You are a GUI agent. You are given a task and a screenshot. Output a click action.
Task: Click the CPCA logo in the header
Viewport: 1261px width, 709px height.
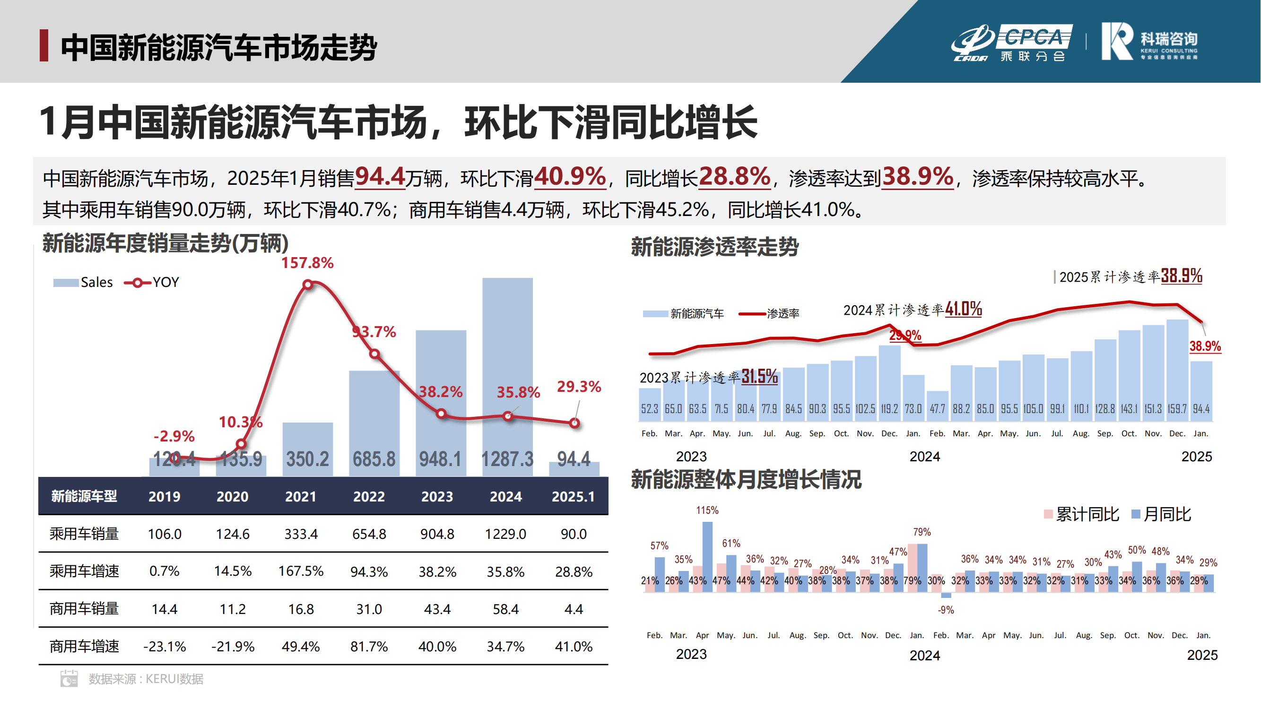click(1011, 42)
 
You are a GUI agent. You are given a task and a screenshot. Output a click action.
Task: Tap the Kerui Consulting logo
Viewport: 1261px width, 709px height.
click(1148, 42)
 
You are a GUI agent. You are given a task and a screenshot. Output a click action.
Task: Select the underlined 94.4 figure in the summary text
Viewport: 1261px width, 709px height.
click(380, 177)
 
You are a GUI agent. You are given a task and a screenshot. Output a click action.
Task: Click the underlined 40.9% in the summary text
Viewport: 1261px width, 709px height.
click(570, 177)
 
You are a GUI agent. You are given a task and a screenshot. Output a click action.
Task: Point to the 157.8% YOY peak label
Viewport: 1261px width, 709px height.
click(307, 263)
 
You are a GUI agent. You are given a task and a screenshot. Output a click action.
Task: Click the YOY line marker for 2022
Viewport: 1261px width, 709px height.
click(374, 354)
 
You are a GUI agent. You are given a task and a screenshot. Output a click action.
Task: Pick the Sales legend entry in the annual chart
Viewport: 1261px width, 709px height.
click(83, 282)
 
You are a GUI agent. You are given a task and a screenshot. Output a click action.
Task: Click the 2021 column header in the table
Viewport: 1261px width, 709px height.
click(301, 497)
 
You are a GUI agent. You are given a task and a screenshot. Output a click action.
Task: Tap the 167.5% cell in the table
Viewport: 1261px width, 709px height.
click(301, 571)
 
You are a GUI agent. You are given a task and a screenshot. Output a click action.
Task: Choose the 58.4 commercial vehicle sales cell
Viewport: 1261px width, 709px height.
click(505, 609)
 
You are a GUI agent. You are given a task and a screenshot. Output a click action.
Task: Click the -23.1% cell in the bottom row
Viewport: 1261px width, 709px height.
click(165, 647)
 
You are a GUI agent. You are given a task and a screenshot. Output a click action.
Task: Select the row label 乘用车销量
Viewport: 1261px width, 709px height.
click(84, 534)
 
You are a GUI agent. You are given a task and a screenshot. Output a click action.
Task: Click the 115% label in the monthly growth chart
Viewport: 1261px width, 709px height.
click(707, 510)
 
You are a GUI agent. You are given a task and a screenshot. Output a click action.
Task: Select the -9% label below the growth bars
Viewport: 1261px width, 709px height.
click(946, 610)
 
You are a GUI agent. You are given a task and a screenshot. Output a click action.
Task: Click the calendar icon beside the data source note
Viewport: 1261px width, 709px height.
click(69, 679)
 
